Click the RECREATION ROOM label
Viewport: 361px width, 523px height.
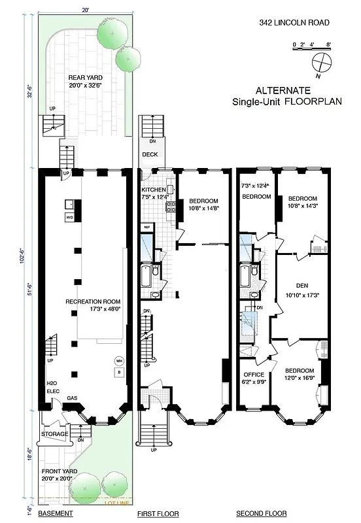[x=91, y=302]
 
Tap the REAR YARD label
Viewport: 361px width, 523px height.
[x=86, y=78]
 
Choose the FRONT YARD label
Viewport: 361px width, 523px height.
[x=57, y=471]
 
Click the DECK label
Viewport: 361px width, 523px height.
[x=151, y=156]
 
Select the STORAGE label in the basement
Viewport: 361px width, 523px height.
[x=55, y=433]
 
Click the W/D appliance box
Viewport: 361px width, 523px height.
[x=69, y=217]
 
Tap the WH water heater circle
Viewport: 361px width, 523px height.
[x=119, y=360]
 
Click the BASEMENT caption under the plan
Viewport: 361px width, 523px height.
[x=56, y=515]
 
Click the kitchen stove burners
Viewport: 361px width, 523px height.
[x=172, y=207]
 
